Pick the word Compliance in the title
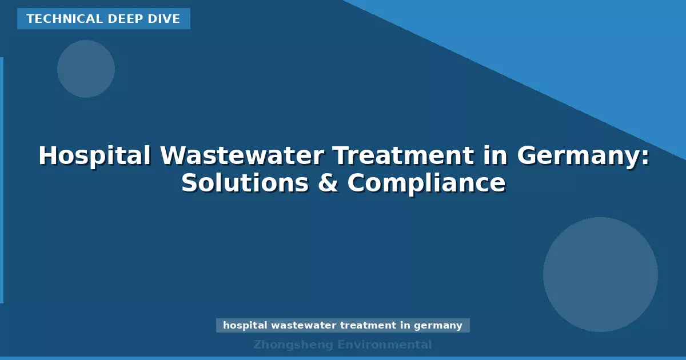pyautogui.click(x=426, y=183)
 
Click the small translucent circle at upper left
pyautogui.click(x=86, y=69)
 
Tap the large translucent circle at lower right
pyautogui.click(x=600, y=274)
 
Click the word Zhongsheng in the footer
pyautogui.click(x=292, y=345)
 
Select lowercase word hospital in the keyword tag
pyautogui.click(x=244, y=326)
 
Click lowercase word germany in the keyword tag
pyautogui.click(x=438, y=326)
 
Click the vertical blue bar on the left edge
pyautogui.click(x=2, y=180)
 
